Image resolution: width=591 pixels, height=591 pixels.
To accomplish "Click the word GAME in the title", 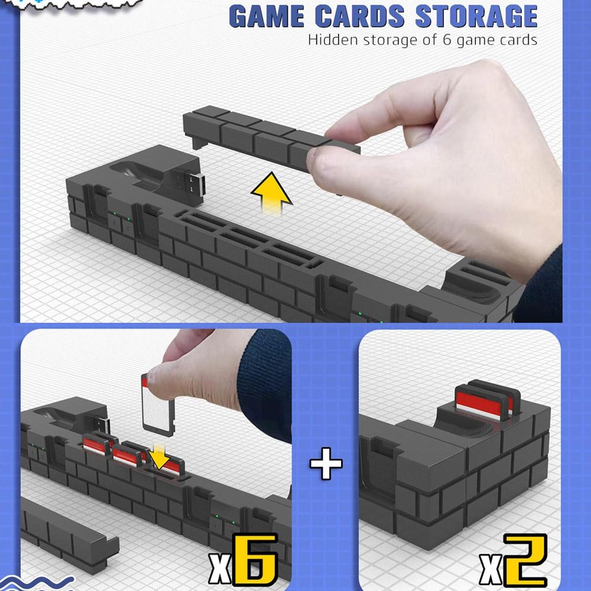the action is coord(267,17).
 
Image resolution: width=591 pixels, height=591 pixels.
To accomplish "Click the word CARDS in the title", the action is coord(359,17).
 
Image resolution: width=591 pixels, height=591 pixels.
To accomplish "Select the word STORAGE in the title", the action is coord(476,17).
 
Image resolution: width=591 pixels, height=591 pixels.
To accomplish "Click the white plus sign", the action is coord(326,463).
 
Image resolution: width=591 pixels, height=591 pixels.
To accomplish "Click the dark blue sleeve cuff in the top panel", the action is coord(541,287).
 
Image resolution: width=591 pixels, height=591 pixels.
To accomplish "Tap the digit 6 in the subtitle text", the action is coord(447,40).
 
